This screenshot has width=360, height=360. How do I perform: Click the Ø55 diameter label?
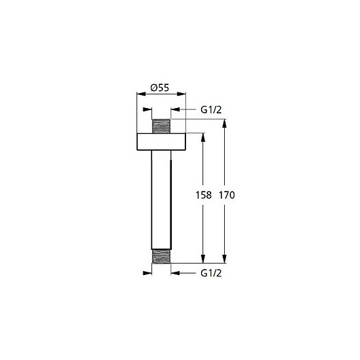pos(160,88)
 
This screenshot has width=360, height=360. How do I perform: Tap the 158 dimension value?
pos(203,195)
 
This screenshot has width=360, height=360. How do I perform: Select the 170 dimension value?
pos(227,195)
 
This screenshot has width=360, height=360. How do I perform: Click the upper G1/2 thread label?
pos(211,110)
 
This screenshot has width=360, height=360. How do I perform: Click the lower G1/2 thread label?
pos(211,273)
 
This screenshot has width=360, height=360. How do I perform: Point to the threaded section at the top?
pos(161,126)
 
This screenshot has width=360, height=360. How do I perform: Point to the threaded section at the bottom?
pos(161,256)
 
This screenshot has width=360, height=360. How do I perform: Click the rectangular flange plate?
pos(161,142)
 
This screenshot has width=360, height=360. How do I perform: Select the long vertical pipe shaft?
pos(161,200)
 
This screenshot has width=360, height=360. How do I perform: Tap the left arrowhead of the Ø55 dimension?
pos(141,94)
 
